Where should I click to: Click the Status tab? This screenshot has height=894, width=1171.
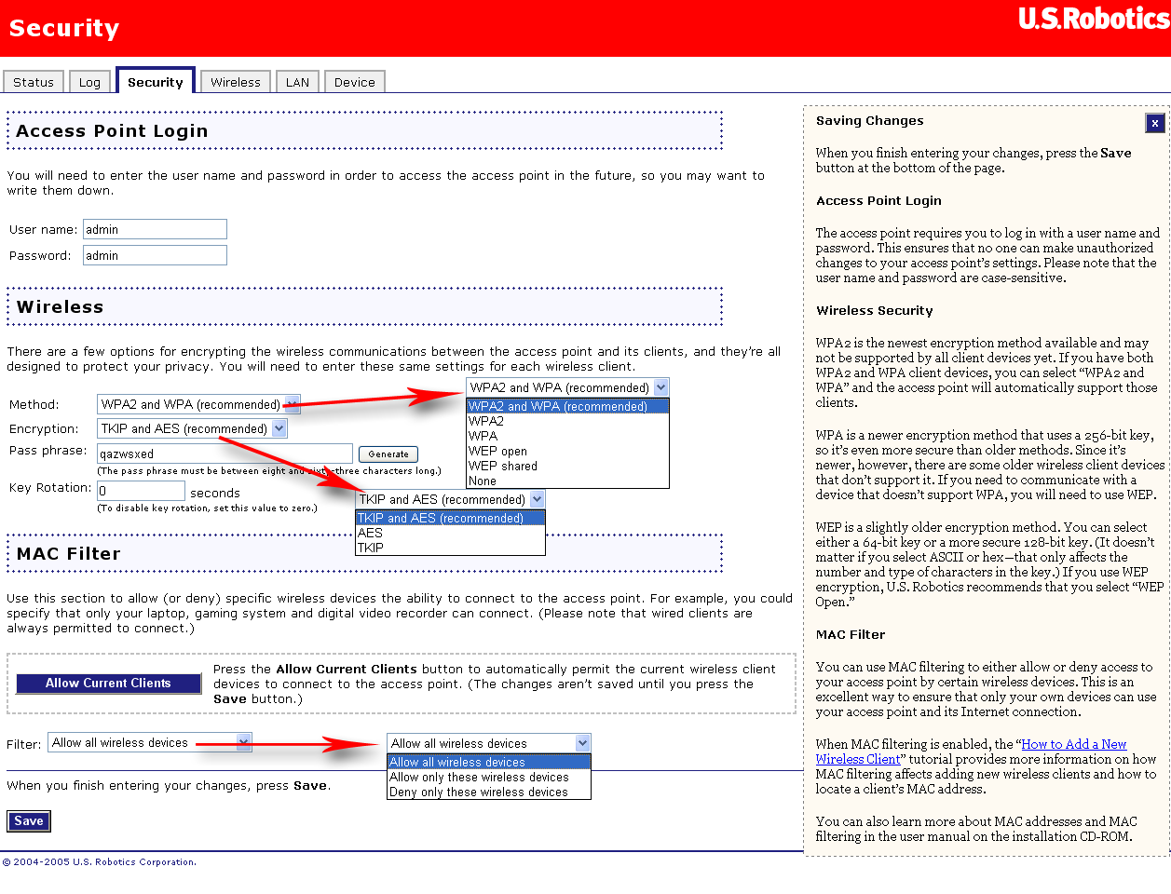point(34,82)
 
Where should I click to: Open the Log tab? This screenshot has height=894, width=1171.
point(89,82)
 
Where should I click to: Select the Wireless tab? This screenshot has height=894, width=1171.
point(236,82)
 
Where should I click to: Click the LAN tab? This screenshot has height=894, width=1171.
point(297,82)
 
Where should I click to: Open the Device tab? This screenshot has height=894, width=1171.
point(354,82)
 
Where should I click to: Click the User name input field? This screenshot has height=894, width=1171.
point(155,229)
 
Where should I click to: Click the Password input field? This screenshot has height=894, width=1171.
point(155,255)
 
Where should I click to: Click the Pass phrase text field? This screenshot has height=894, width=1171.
point(225,454)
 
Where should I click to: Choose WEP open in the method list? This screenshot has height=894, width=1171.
point(497,451)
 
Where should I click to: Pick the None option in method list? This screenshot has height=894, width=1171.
point(483,481)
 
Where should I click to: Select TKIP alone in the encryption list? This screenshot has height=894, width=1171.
point(371,548)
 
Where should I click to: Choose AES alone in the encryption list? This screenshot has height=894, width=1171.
point(371,533)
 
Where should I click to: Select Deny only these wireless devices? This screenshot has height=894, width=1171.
point(479,792)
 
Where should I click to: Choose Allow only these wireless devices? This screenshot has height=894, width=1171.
point(479,777)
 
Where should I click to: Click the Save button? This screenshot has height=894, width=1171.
point(28,820)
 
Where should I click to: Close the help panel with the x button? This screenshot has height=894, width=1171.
point(1154,123)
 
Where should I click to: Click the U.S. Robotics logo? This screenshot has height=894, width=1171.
point(1094,19)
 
